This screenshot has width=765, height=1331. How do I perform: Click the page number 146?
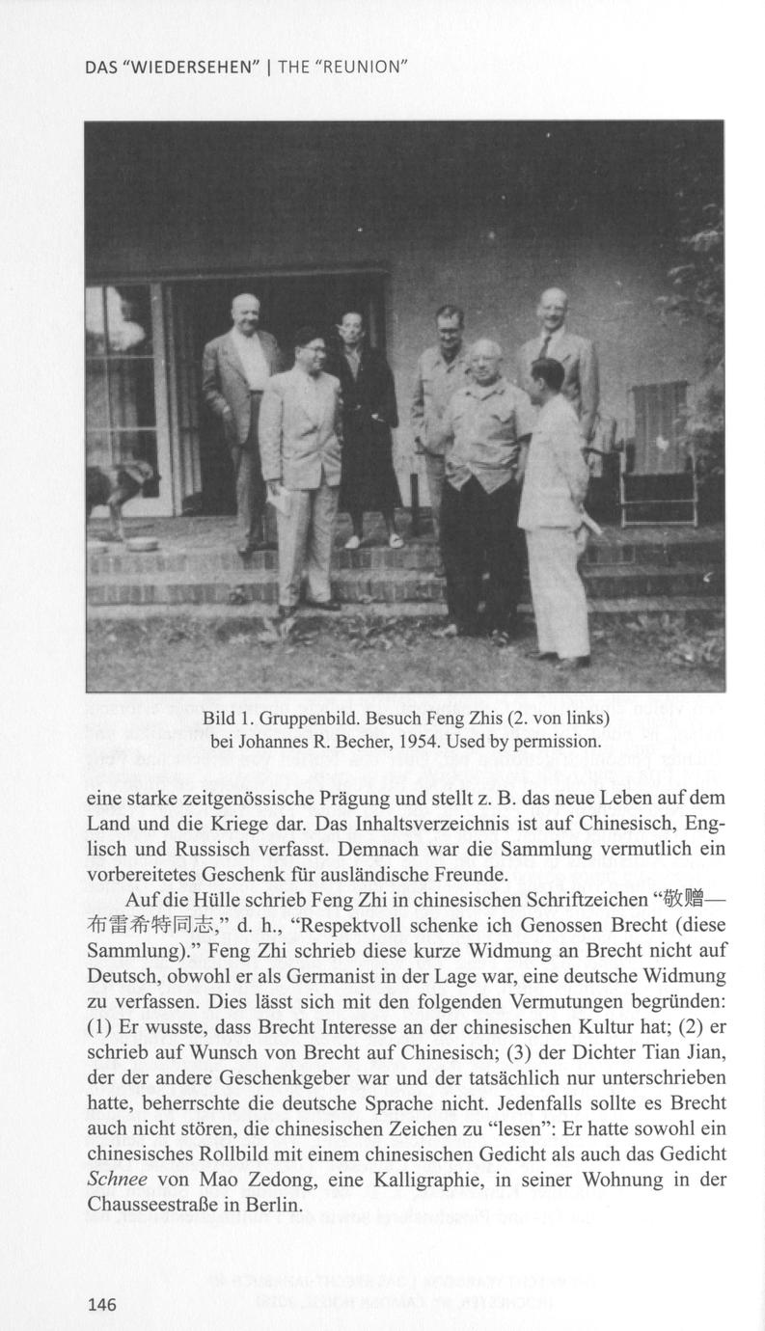(101, 1305)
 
